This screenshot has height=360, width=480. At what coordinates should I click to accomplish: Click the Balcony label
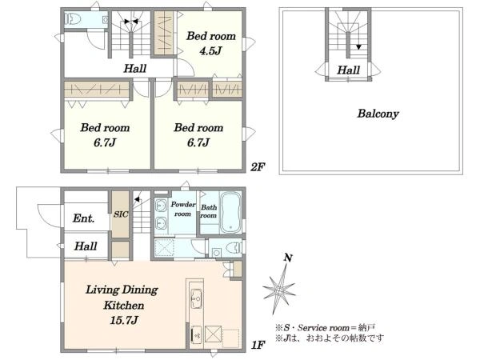click(378, 114)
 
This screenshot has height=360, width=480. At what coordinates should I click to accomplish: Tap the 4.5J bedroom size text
click(210, 51)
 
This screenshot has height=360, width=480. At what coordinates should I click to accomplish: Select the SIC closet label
click(121, 214)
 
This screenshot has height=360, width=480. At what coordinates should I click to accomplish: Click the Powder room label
click(182, 209)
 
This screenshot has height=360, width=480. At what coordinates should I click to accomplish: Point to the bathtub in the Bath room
click(231, 213)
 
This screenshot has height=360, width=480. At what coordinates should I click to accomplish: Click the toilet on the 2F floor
click(73, 19)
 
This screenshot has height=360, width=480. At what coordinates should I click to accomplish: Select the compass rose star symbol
click(279, 290)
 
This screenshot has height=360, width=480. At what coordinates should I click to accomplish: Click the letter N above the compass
click(288, 258)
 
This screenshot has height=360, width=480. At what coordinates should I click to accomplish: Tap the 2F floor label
click(258, 167)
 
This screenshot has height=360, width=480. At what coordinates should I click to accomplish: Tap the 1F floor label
click(258, 345)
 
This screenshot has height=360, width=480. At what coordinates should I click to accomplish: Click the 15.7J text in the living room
click(124, 320)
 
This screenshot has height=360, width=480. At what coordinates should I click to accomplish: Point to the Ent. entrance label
click(83, 218)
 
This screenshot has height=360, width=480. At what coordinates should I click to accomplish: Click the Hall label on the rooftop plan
click(348, 70)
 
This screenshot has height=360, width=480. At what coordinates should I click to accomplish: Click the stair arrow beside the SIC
click(138, 199)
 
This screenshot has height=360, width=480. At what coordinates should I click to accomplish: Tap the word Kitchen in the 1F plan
click(124, 306)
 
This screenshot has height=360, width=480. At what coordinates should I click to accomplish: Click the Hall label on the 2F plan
click(134, 68)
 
